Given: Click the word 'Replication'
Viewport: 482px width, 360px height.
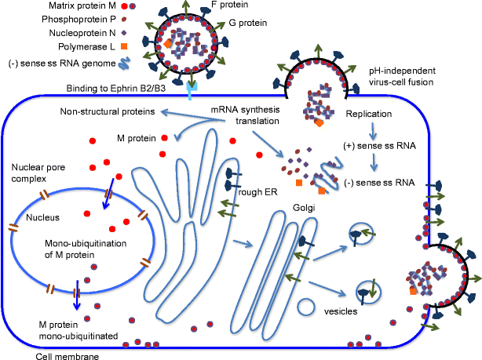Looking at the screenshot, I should pyautogui.click(x=369, y=115).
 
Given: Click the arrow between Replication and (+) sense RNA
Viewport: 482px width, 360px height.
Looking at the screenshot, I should pyautogui.click(x=374, y=130).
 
